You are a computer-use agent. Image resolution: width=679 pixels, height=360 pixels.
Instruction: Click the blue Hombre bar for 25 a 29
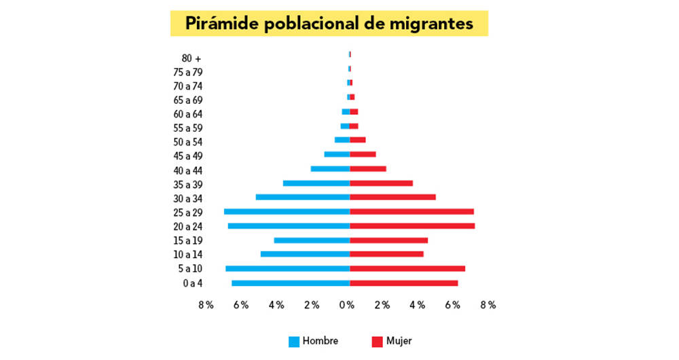click(x=287, y=212)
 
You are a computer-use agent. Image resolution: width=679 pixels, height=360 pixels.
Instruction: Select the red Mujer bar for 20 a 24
click(x=412, y=226)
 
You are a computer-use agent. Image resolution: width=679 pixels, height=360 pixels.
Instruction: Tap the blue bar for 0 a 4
click(x=291, y=283)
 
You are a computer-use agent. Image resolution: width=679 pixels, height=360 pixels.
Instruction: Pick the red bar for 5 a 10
click(x=407, y=268)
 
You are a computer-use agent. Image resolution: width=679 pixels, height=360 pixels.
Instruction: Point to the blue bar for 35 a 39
click(x=316, y=183)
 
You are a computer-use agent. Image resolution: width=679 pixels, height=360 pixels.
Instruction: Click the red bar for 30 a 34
click(x=392, y=198)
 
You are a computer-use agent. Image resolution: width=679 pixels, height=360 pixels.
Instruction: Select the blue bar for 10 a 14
click(x=305, y=254)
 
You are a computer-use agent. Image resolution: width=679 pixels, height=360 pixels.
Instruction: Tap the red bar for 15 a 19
click(x=388, y=240)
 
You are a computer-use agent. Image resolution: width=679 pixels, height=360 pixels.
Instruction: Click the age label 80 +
click(x=191, y=58)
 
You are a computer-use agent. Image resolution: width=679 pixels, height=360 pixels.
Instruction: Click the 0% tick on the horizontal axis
click(x=346, y=306)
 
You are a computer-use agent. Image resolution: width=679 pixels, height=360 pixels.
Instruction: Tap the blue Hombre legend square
click(x=294, y=342)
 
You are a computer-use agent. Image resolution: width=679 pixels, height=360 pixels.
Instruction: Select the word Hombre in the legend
click(x=320, y=341)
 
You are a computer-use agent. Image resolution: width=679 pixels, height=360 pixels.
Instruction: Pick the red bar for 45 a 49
click(x=363, y=155)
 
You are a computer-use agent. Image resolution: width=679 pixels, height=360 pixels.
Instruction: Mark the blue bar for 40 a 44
click(x=330, y=169)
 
